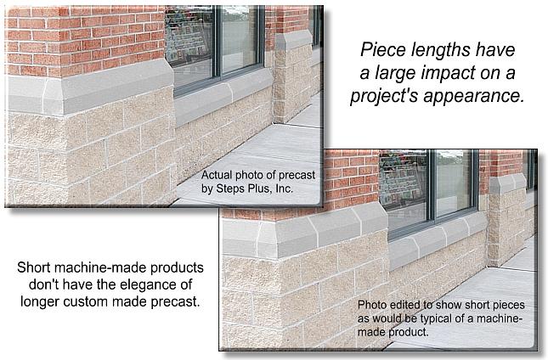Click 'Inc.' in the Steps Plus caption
[284, 188]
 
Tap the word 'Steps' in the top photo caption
[229, 188]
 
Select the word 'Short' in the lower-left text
[33, 267]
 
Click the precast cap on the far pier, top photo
[294, 40]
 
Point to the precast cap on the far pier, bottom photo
[507, 184]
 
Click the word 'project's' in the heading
[384, 96]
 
